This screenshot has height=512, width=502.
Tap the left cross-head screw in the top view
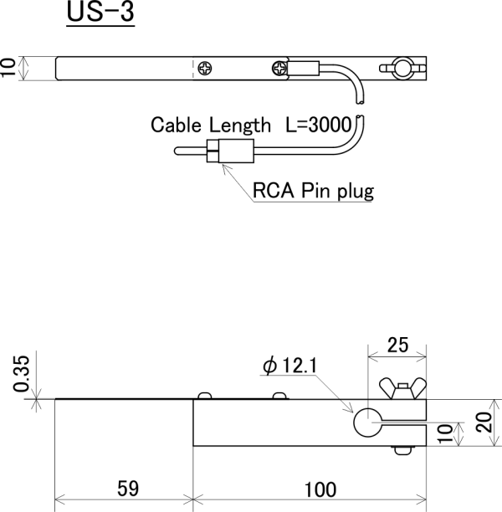(x=206, y=68)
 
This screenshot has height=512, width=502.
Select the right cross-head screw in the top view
(x=278, y=68)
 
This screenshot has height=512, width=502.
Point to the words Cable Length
(x=211, y=125)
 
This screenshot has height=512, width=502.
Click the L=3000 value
(x=320, y=125)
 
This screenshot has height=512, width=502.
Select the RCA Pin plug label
(x=313, y=191)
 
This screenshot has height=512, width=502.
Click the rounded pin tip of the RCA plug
(x=178, y=151)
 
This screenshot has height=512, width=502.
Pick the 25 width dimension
(x=397, y=345)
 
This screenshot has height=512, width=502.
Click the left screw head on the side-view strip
(x=204, y=395)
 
